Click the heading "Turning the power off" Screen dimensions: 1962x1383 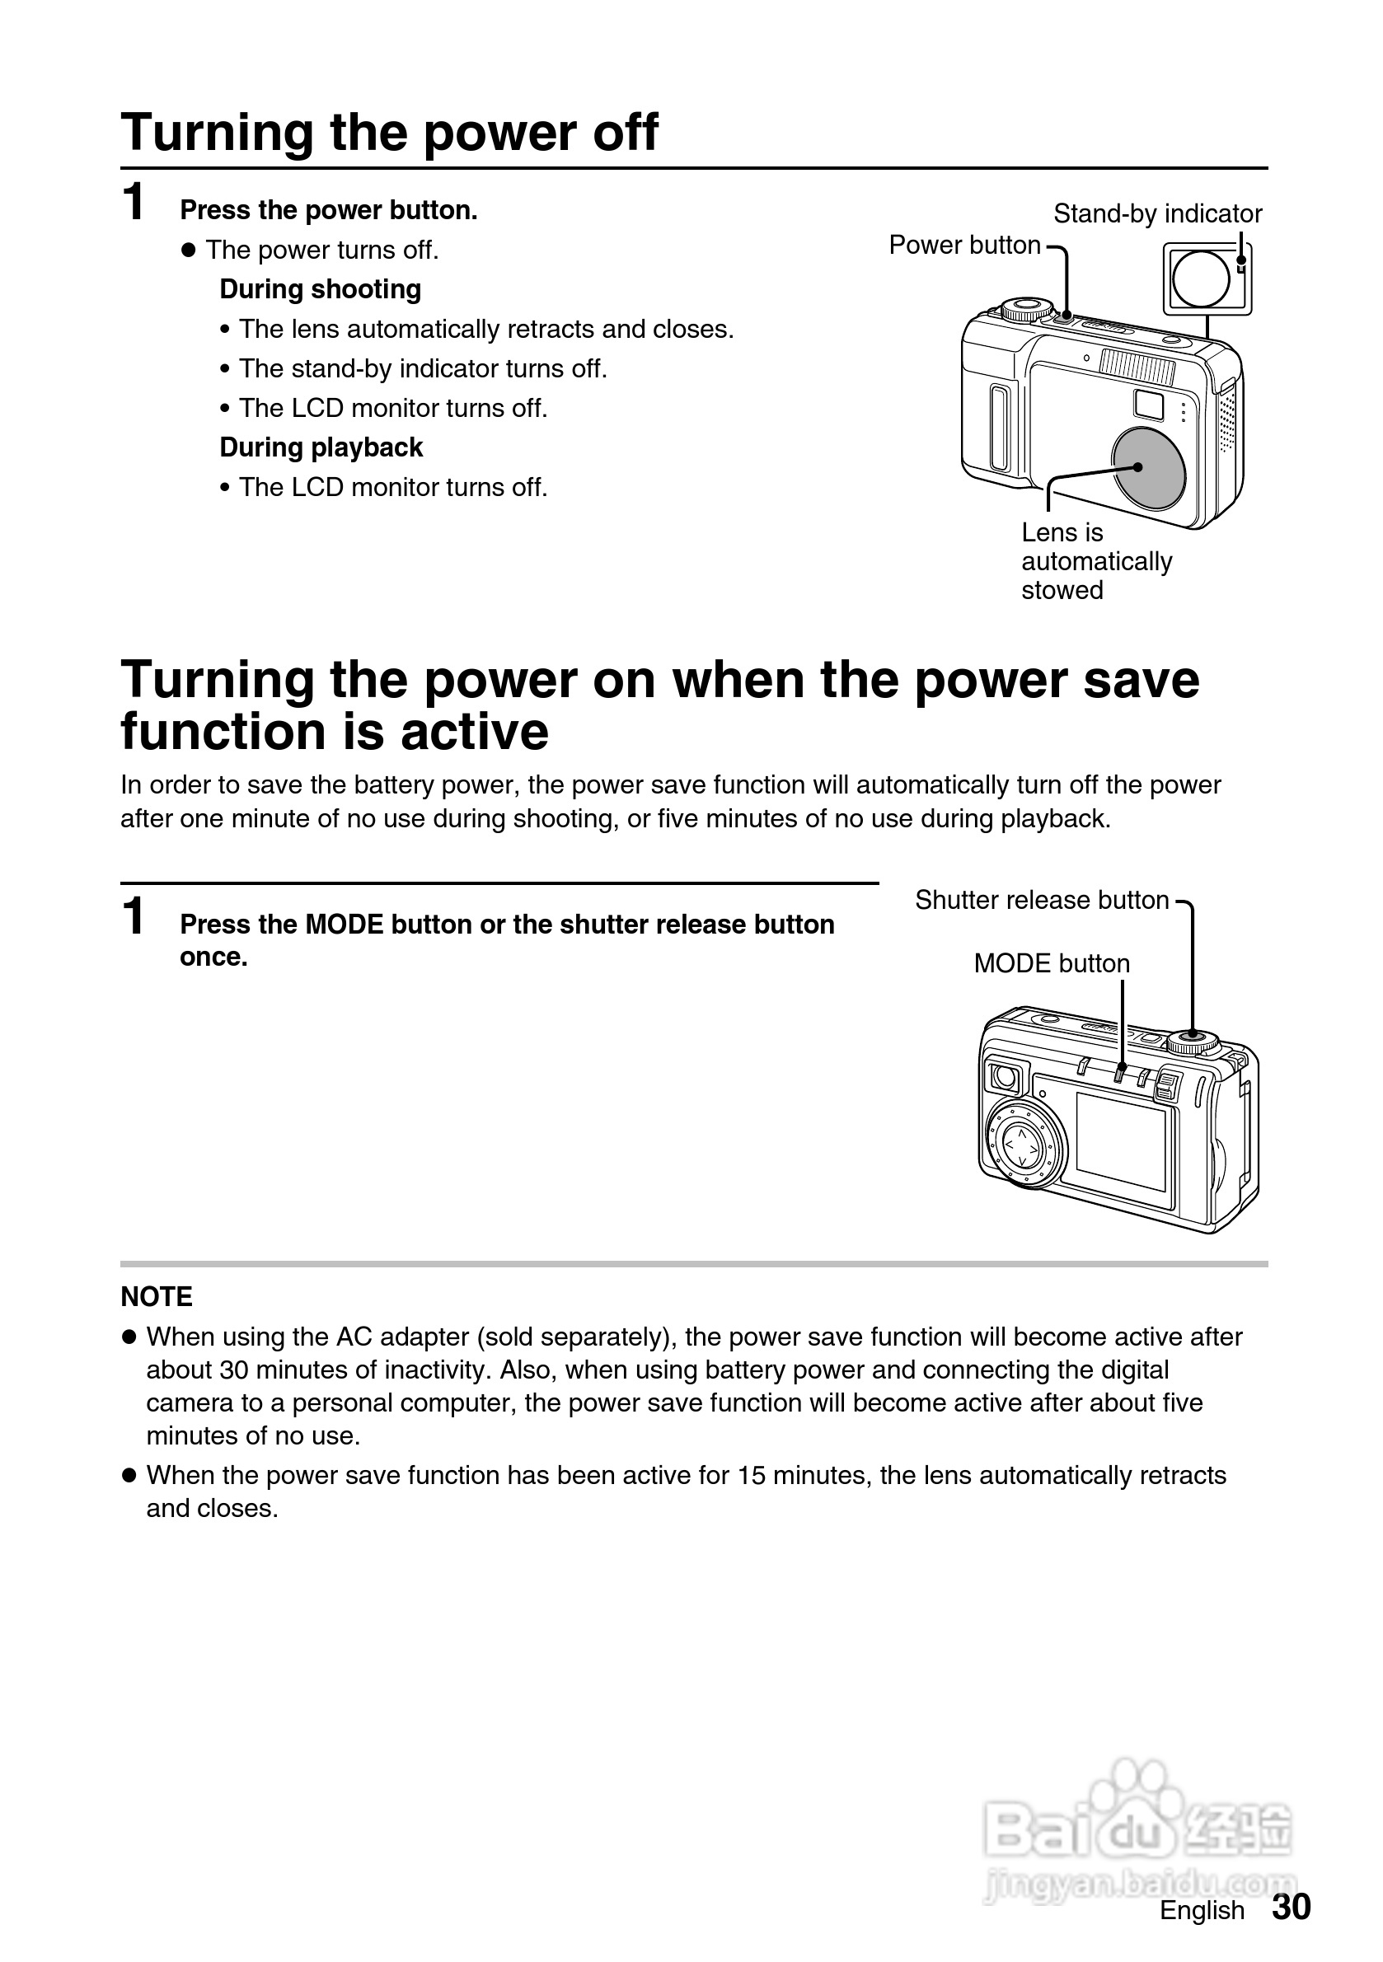click(389, 133)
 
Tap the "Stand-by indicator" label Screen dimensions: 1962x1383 click(1156, 213)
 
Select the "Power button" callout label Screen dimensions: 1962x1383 click(964, 246)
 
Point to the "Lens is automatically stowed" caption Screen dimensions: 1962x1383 click(1096, 561)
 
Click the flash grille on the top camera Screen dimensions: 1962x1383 click(1137, 368)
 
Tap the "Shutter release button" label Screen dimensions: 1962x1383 click(1041, 900)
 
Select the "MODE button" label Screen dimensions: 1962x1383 click(1052, 964)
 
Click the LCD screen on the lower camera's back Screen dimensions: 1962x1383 click(1121, 1140)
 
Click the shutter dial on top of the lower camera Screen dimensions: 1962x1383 click(1193, 1042)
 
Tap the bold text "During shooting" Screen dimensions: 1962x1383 click(321, 290)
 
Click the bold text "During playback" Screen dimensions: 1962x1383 click(321, 447)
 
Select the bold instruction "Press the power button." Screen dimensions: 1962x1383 click(328, 210)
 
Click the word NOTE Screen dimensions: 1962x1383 click(157, 1296)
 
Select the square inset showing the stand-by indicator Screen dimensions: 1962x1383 click(1206, 279)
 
